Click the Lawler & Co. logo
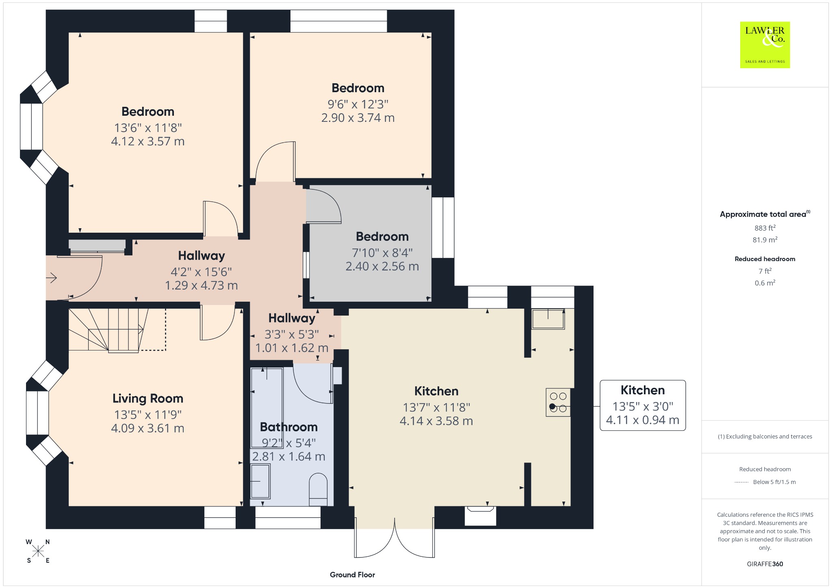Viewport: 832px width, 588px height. coord(765,45)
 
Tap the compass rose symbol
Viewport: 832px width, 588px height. coord(38,551)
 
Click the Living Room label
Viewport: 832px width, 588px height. coord(148,398)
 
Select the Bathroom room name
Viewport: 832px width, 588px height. coord(289,427)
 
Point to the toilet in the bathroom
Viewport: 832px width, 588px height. coord(318,489)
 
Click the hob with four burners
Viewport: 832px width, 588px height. coord(558,402)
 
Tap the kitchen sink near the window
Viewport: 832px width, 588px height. coord(548,318)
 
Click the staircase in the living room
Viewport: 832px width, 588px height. coord(117,330)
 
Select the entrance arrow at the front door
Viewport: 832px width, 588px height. coord(51,278)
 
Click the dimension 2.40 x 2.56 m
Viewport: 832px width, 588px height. coord(382,266)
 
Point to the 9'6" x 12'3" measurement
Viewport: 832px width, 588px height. coord(358,104)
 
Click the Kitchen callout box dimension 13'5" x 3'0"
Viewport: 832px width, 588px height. coord(643,406)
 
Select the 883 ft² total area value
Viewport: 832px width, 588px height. coord(765,228)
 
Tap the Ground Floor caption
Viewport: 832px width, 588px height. coord(352,575)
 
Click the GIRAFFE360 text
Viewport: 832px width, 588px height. coord(765,564)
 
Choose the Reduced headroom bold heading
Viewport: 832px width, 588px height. coord(765,259)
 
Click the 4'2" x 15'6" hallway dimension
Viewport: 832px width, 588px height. coord(201,272)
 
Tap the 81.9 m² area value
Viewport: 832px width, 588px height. coord(765,240)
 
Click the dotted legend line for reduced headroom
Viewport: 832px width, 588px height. coord(741,482)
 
